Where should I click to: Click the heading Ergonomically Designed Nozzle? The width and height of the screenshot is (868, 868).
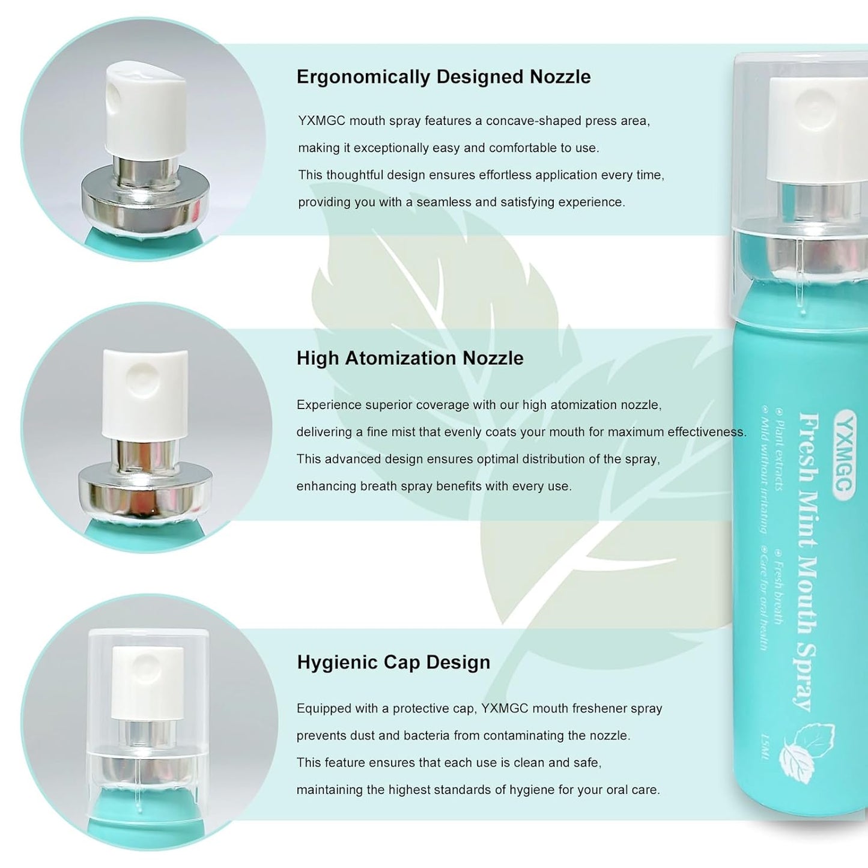point(443,77)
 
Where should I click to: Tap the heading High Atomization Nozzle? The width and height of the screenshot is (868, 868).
point(410,358)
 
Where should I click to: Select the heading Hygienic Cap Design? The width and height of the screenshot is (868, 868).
point(393,662)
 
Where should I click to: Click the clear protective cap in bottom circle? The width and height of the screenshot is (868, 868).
point(148,691)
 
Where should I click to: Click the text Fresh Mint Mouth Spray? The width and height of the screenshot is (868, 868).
point(809,562)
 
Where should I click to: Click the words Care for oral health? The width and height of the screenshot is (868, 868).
point(764,598)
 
